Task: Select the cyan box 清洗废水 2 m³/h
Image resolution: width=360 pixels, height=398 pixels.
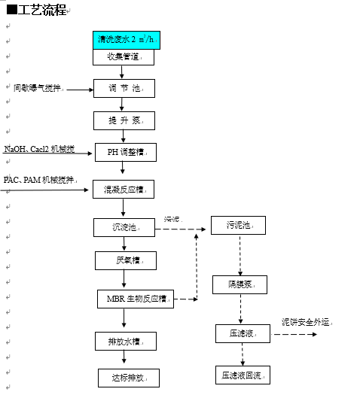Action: (127, 40)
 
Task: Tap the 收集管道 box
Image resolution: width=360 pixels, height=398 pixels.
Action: (125, 56)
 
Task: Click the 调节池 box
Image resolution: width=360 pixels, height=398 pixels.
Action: (125, 88)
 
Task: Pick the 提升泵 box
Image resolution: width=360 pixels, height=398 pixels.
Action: (125, 120)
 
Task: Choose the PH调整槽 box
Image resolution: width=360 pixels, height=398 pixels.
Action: (126, 152)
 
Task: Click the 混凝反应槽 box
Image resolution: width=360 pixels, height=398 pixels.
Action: (124, 190)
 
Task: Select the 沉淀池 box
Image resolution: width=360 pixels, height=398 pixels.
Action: (125, 227)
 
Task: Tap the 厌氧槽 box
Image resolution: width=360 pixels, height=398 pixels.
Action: (126, 260)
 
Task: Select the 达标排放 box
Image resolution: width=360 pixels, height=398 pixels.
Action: (129, 377)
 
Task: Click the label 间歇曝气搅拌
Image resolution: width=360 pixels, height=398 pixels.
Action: (39, 88)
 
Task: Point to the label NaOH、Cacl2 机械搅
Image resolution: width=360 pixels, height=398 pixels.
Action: (39, 150)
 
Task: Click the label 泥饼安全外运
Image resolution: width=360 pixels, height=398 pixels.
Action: (307, 322)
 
